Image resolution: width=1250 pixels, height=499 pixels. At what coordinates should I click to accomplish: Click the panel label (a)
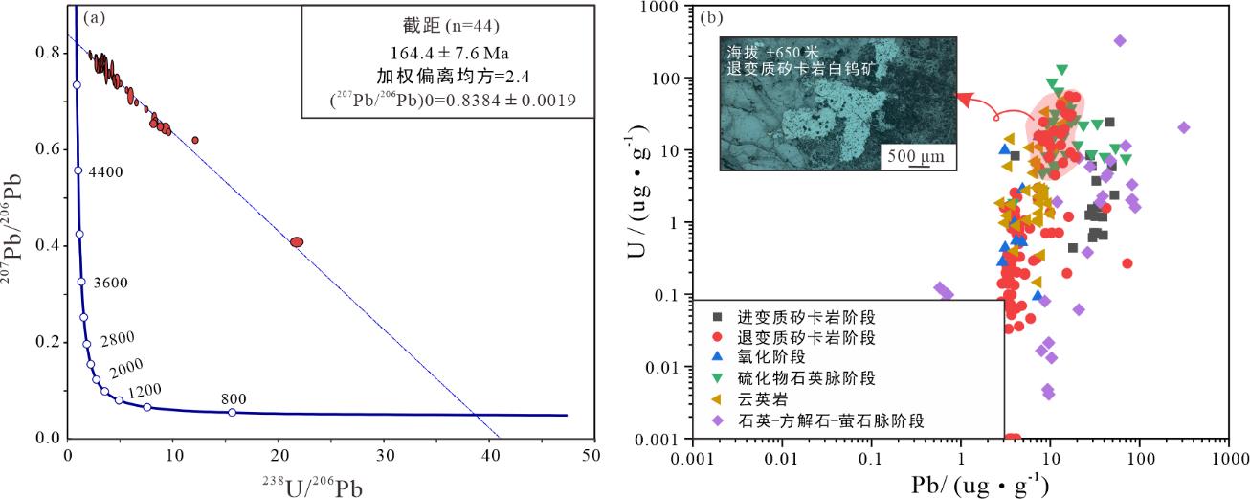click(92, 16)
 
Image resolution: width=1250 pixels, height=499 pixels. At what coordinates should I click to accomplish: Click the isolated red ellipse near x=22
click(297, 242)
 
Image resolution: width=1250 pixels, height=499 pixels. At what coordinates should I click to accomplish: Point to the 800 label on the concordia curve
click(234, 398)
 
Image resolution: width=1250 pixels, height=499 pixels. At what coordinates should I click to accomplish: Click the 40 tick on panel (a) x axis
click(490, 457)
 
